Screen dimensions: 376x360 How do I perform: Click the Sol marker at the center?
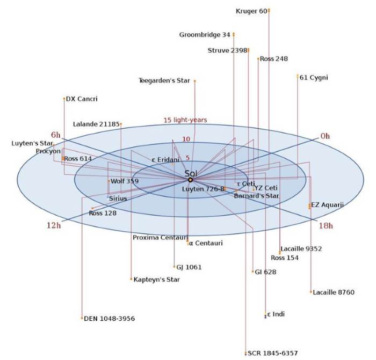tap(190, 180)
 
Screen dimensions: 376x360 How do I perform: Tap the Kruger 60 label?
tap(251, 11)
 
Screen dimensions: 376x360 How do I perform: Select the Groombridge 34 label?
tap(205, 35)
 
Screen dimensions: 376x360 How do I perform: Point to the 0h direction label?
tap(325, 136)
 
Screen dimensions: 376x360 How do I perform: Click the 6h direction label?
tap(56, 135)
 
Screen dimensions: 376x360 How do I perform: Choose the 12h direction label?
tap(54, 225)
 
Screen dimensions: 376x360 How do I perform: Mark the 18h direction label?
tap(326, 226)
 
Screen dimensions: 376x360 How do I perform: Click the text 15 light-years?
tap(185, 120)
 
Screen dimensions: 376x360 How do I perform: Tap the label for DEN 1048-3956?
tap(110, 319)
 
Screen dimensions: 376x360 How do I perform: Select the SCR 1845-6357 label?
tap(273, 353)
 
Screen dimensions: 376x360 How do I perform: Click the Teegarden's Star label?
tap(164, 80)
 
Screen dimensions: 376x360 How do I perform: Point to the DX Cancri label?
tap(82, 99)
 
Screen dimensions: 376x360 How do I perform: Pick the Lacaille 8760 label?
tap(334, 292)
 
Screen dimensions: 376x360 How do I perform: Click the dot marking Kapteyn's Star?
tap(131, 279)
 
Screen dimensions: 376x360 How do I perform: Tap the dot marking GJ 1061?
tap(175, 267)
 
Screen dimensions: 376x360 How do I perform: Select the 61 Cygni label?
tap(314, 78)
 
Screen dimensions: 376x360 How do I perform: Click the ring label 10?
tap(186, 139)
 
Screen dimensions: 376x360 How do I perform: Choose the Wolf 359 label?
tap(125, 181)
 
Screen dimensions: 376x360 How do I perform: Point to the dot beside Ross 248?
tap(258, 58)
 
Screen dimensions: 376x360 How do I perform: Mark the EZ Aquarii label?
tap(327, 205)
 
